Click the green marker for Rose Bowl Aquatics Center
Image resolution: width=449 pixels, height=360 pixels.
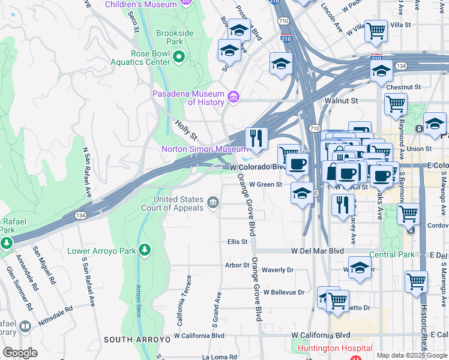click(x=179, y=57)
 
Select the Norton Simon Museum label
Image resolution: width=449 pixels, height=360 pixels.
click(x=203, y=149)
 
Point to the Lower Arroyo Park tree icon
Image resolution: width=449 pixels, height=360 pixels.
click(x=143, y=249)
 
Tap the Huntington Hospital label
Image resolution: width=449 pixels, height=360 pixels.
click(x=335, y=348)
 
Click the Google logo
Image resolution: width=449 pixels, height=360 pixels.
click(x=20, y=353)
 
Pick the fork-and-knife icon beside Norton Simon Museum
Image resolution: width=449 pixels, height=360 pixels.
click(x=256, y=139)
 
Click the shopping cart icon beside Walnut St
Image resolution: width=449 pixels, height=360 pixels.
click(x=396, y=104)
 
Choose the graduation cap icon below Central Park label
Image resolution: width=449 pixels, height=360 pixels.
click(x=359, y=268)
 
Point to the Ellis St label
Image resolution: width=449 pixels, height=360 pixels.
click(x=237, y=242)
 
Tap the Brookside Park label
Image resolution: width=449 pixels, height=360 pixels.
click(x=169, y=38)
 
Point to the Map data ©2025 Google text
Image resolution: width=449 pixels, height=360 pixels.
click(x=411, y=355)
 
